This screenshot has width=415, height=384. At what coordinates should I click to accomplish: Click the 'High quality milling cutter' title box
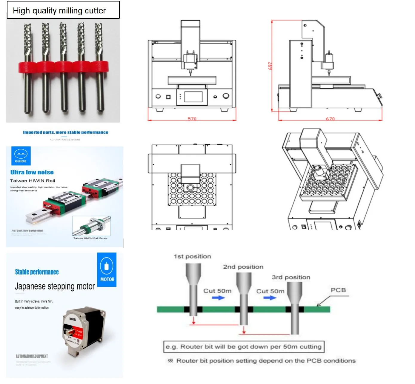(x=63, y=10)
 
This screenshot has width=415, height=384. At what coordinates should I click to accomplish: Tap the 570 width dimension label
(x=192, y=119)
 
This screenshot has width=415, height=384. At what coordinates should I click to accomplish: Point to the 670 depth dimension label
(x=330, y=119)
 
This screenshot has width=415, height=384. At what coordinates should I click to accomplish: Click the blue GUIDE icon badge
(x=21, y=156)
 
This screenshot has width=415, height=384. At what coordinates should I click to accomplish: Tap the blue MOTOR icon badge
(x=107, y=270)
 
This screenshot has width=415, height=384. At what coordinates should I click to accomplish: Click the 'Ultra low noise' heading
(x=32, y=172)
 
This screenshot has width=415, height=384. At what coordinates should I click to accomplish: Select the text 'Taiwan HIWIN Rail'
(x=33, y=181)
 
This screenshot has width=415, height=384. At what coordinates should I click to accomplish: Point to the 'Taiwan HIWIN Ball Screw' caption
(x=90, y=238)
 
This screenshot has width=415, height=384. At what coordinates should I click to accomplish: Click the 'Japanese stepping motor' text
(x=55, y=286)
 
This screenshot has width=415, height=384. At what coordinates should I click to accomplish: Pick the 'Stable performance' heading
(x=37, y=272)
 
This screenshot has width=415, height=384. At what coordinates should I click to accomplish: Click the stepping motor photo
(x=84, y=331)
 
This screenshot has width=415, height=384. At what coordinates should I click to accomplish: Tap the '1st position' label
(x=192, y=256)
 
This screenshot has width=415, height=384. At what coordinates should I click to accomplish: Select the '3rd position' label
(x=291, y=277)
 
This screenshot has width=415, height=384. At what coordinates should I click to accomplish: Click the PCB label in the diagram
(x=338, y=290)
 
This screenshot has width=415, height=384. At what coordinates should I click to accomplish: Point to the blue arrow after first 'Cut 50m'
(x=218, y=298)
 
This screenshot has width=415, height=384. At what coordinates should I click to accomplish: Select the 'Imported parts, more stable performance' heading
(x=65, y=132)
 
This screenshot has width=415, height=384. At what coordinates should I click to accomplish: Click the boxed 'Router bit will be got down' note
(x=244, y=347)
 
